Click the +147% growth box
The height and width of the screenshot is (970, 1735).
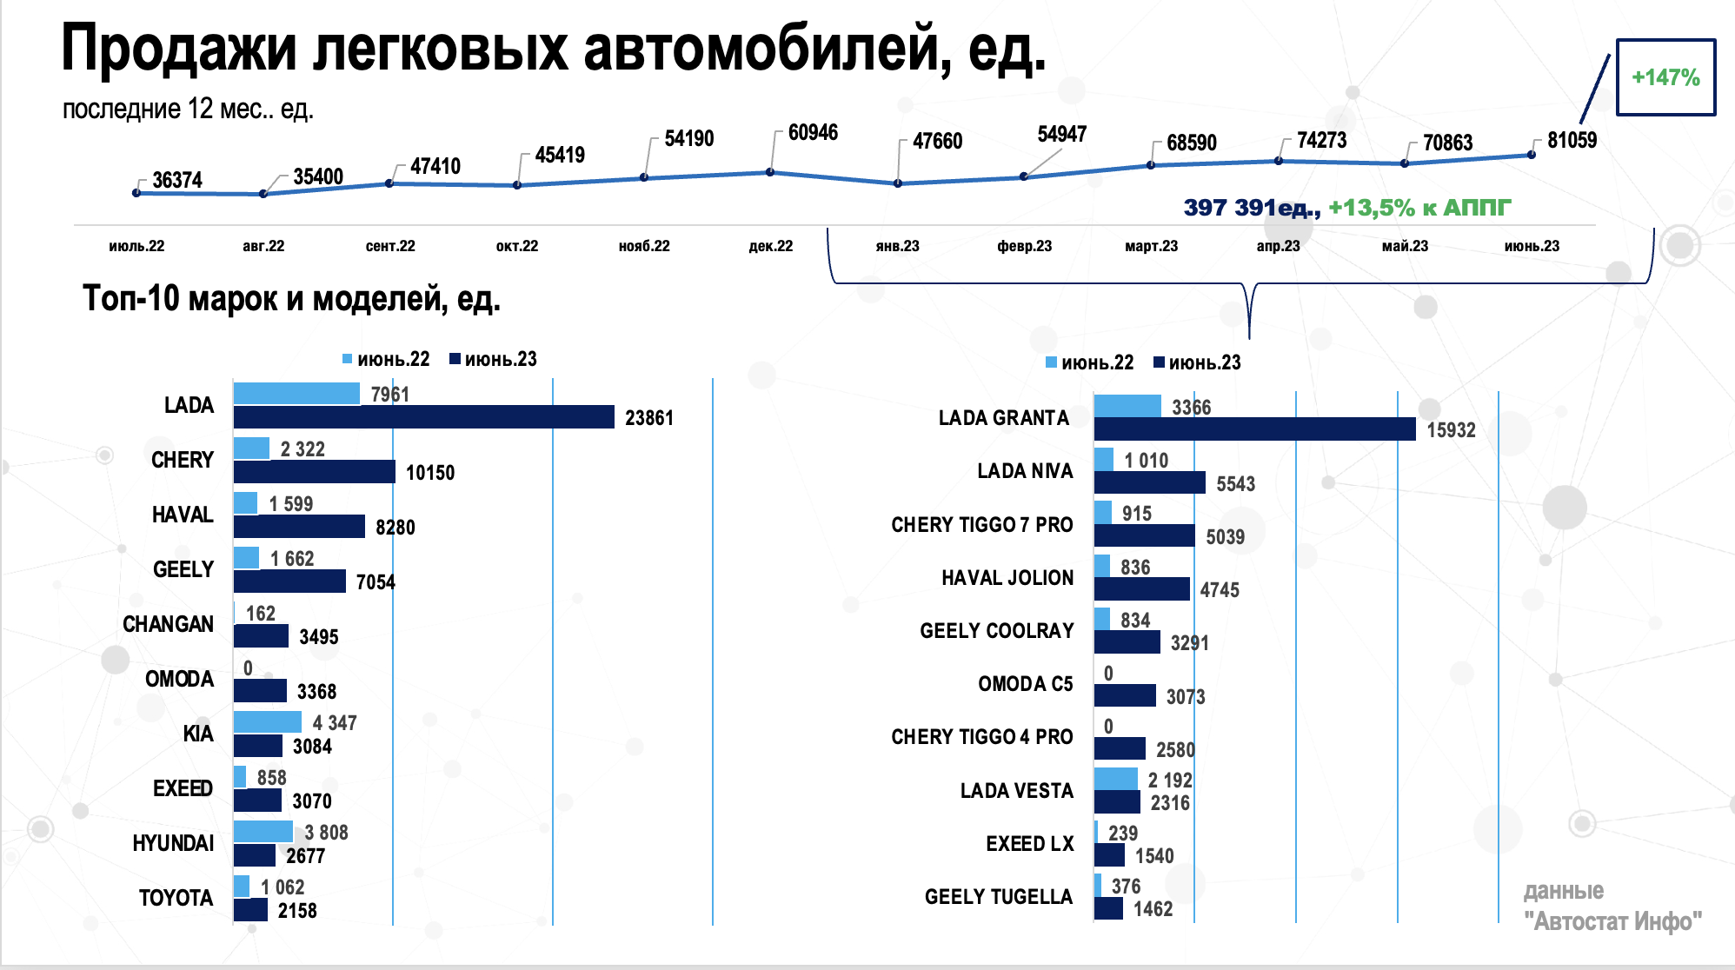click(1665, 77)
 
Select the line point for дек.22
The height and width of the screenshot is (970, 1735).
click(770, 172)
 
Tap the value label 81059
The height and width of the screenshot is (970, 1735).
click(1572, 141)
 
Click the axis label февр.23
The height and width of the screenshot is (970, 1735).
click(1024, 246)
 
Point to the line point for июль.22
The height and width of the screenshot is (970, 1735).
click(136, 193)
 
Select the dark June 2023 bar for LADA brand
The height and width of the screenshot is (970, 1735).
click(423, 417)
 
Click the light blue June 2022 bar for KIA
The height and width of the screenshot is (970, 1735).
click(267, 722)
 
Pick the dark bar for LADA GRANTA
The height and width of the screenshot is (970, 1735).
click(1254, 429)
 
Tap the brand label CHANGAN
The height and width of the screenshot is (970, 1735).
click(168, 624)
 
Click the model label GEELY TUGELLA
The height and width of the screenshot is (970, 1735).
click(998, 897)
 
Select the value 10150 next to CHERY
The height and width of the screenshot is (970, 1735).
click(429, 473)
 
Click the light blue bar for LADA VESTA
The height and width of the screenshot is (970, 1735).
click(1115, 779)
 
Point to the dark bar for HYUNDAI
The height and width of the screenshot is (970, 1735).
click(254, 856)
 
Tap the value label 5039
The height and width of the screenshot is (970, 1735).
click(1225, 537)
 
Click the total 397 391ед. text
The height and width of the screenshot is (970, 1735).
click(1251, 208)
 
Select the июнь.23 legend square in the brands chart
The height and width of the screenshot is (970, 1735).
click(455, 359)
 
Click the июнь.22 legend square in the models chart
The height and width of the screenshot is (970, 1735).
click(1051, 362)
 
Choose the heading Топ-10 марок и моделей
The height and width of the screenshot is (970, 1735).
click(291, 299)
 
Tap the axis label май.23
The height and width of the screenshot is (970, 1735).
click(1405, 246)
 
